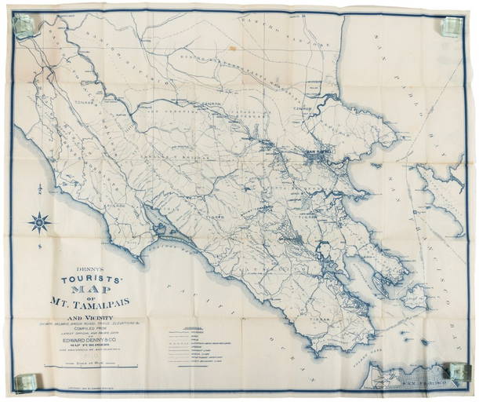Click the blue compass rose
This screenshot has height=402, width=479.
[x=39, y=222]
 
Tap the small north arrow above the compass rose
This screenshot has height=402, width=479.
[x=39, y=188]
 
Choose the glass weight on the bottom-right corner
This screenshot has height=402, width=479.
[x=455, y=370]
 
